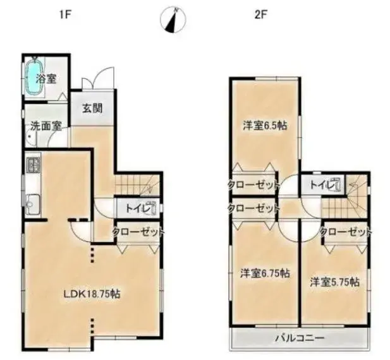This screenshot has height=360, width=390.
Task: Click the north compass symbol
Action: [x=173, y=20]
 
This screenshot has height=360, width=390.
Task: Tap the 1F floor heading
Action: [x=65, y=15]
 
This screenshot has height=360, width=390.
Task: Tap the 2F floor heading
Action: [x=260, y=15]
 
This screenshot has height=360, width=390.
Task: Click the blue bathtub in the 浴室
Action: [x=34, y=76]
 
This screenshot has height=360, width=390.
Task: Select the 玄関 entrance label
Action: [x=92, y=109]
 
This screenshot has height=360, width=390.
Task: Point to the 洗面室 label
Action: [x=46, y=126]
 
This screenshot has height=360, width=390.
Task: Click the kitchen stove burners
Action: [x=33, y=164]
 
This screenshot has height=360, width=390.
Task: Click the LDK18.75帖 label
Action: [x=92, y=294]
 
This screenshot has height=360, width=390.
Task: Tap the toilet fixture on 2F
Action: [x=336, y=185]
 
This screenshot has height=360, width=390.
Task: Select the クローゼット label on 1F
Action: [x=138, y=232]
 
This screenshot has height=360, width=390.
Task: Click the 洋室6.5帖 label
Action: [x=265, y=126]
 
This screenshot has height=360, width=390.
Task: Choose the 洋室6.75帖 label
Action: [x=265, y=273]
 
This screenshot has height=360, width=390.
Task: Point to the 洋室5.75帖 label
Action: [x=335, y=282]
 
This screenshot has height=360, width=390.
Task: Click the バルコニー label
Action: [x=300, y=338]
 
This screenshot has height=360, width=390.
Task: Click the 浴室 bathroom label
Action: [x=46, y=79]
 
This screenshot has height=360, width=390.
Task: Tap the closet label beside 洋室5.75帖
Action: [x=346, y=232]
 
